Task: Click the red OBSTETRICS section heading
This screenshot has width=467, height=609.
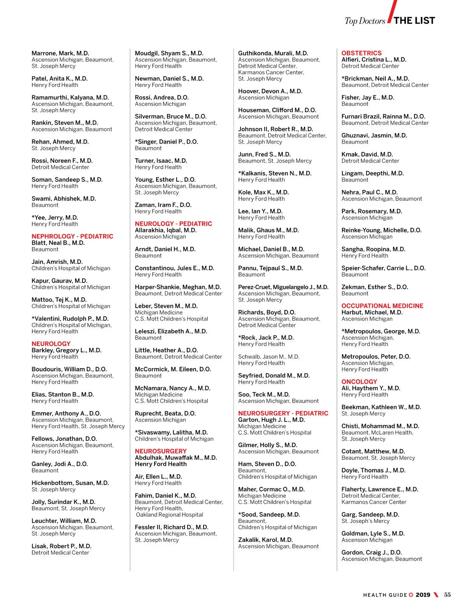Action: pos(361,53)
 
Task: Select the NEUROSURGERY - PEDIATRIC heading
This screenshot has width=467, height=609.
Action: pos(283,413)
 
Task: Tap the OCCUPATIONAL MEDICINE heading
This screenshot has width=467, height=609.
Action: pos(382,306)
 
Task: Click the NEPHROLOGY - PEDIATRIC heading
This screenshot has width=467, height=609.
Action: pos(72,236)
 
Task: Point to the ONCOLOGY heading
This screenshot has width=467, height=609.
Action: pos(359,382)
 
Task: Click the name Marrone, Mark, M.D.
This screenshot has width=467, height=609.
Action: pos(60,53)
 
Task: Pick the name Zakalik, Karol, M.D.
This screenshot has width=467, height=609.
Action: pos(265,540)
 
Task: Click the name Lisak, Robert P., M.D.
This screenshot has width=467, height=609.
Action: pos(61,546)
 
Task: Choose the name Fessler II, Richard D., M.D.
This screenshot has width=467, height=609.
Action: pos(171,527)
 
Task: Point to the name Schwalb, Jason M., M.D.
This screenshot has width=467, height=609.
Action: pos(269,357)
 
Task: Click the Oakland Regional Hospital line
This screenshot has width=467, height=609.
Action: pos(169,515)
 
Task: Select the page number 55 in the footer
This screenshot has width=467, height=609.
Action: pos(447,595)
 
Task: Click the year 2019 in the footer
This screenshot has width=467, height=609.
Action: pos(423,595)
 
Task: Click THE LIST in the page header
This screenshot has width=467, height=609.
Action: pos(414,21)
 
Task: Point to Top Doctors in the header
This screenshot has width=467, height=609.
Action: pos(365,21)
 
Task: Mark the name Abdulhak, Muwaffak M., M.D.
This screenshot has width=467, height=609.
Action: pos(176,458)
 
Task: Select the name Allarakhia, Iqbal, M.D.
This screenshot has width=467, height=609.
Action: pos(165,230)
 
